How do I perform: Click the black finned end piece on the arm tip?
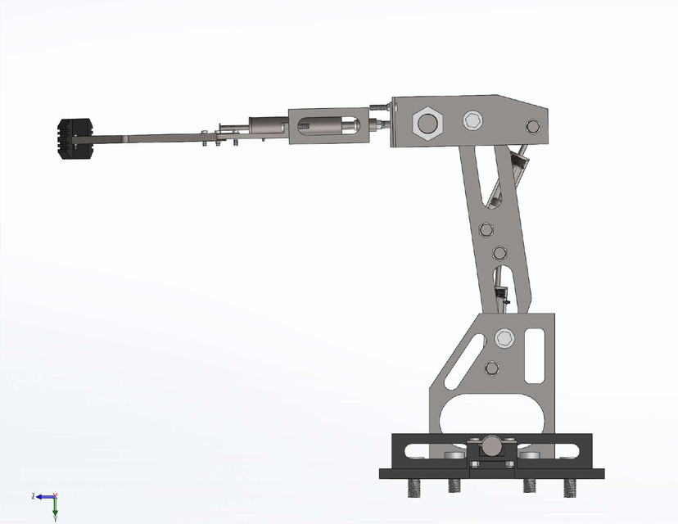click(76, 138)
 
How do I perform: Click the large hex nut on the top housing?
click(427, 124)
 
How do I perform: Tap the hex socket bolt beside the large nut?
click(472, 120)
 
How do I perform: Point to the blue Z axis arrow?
click(39, 496)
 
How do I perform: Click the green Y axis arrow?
click(55, 511)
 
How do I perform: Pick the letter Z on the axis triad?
click(32, 496)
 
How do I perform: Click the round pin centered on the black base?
click(491, 445)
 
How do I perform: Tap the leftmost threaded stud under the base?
click(414, 487)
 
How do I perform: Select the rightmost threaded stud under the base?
click(569, 487)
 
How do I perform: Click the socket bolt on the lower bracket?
click(504, 337)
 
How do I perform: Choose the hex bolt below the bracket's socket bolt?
click(491, 367)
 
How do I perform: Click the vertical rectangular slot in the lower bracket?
click(536, 355)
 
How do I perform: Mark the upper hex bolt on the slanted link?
click(485, 228)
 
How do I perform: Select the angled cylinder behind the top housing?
click(518, 163)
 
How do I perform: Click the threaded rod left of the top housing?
click(379, 107)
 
